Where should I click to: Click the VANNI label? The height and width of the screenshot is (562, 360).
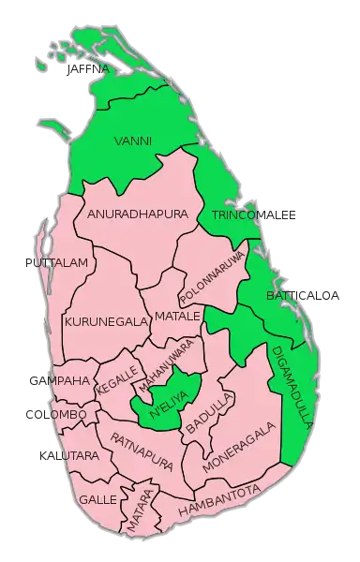(132, 141)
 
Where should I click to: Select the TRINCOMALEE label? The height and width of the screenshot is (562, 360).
(254, 216)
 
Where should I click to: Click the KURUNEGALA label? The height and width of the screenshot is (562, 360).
(106, 321)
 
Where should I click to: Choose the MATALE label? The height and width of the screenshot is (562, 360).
(177, 316)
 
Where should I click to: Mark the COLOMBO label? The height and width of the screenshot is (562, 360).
(56, 413)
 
